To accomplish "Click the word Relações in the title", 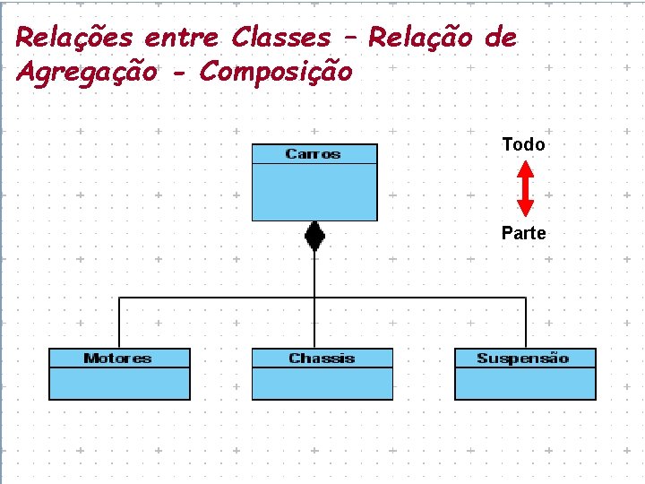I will tap(74, 38).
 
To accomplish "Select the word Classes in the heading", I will tap(280, 38).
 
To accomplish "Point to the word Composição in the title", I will tap(276, 71).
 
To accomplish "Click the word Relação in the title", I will tap(420, 38).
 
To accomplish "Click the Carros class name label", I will tap(313, 154).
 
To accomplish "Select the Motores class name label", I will tap(117, 359).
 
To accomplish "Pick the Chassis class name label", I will tap(322, 359).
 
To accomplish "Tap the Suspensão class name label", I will tap(523, 359).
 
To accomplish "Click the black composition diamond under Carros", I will tap(314, 237).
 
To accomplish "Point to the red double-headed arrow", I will tap(526, 188).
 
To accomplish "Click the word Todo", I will tap(523, 144).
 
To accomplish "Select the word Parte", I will tap(523, 233).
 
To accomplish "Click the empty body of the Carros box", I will tap(314, 192).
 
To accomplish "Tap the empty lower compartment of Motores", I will tap(119, 383).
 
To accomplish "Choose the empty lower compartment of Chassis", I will tap(322, 383).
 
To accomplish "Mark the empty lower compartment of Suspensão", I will tap(525, 383).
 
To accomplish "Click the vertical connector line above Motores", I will tap(120, 323).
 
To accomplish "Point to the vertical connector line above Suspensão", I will tap(526, 323).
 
